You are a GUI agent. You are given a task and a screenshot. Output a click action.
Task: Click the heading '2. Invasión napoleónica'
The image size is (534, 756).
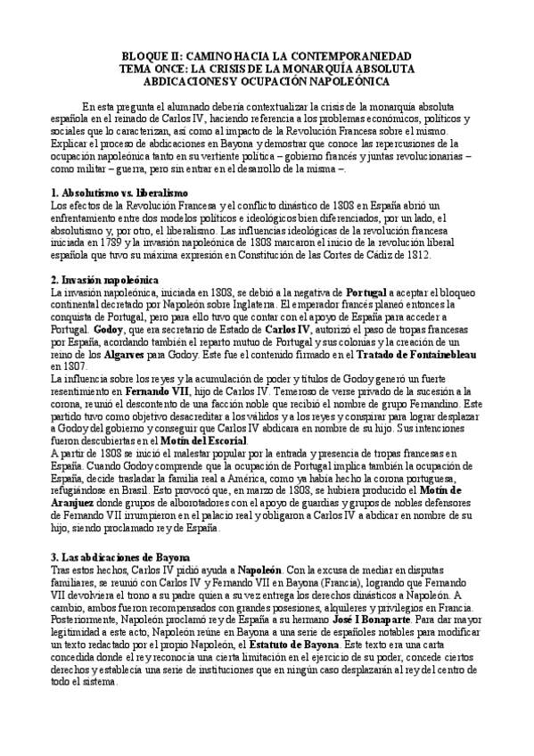[x=105, y=279]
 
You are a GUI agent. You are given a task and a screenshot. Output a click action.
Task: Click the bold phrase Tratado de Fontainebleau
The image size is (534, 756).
[x=417, y=354]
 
